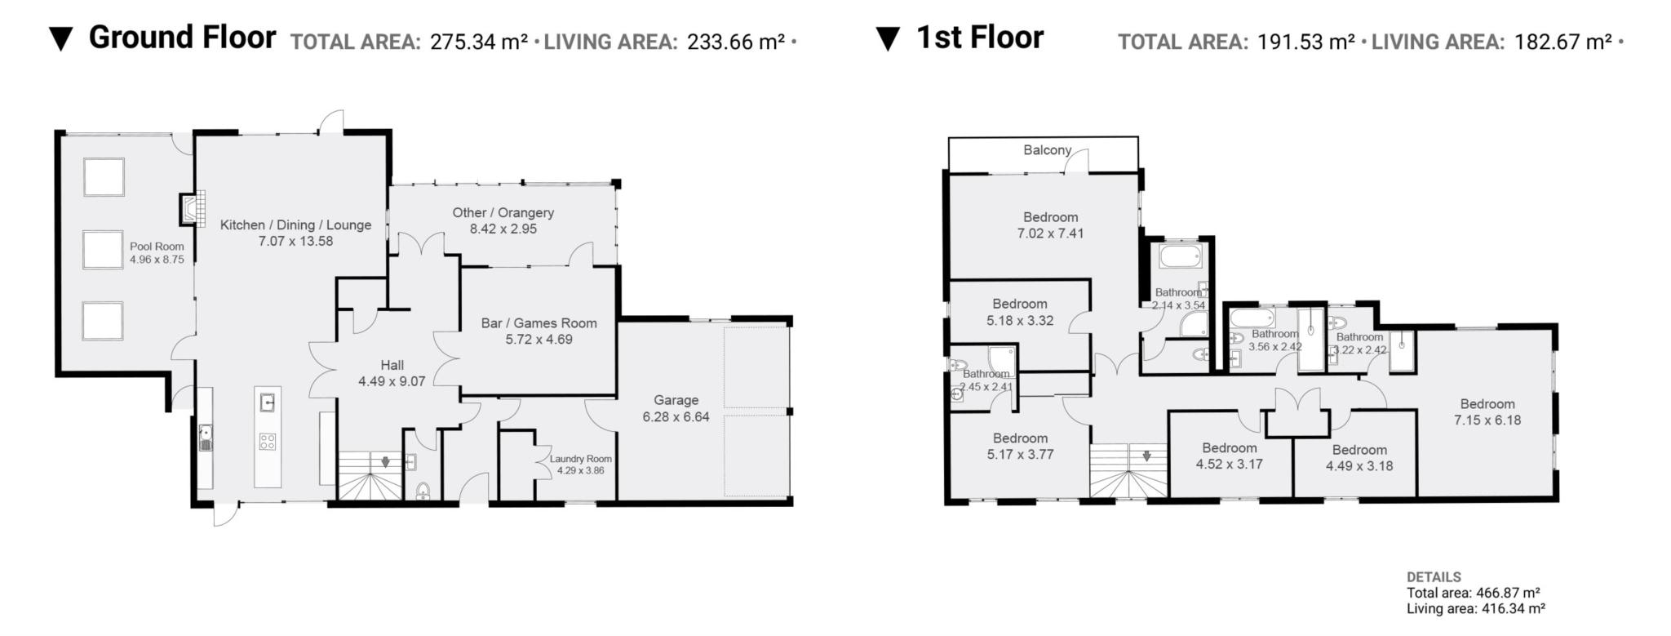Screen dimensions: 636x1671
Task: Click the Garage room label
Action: tap(676, 400)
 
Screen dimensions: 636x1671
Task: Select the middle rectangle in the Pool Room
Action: tap(103, 249)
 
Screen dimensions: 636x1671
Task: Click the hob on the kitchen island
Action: tap(268, 442)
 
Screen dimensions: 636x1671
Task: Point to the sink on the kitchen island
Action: tap(268, 402)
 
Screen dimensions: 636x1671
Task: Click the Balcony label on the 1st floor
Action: tap(1047, 150)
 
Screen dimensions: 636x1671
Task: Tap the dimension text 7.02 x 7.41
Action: tap(1050, 233)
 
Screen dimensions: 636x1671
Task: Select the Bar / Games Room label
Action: tap(539, 323)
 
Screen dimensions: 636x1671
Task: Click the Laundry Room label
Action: tap(580, 459)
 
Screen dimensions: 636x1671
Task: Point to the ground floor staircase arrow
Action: tap(385, 462)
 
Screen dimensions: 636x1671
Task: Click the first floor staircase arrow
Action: tap(1147, 456)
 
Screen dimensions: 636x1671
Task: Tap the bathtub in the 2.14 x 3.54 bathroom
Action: tap(1179, 258)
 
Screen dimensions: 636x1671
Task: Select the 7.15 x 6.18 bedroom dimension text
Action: tap(1487, 420)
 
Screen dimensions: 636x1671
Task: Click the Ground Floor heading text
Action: tap(182, 38)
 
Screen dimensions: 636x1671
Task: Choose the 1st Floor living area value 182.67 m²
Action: tap(1562, 42)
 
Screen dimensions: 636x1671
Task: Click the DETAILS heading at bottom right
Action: tap(1434, 577)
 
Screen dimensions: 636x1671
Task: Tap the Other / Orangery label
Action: tap(503, 213)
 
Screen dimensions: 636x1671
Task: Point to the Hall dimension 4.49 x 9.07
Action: tap(392, 381)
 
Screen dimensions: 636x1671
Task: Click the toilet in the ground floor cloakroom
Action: tap(422, 490)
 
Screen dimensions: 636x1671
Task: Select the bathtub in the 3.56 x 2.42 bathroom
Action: tap(1252, 318)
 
